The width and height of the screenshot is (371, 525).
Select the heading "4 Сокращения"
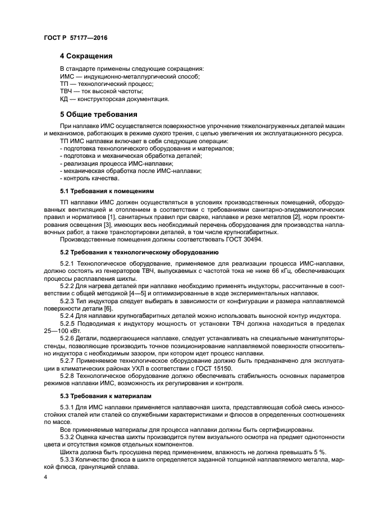click(x=86, y=56)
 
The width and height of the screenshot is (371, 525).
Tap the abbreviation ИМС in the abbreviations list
click(x=67, y=76)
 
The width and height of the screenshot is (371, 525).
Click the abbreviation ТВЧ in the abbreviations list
click(x=67, y=91)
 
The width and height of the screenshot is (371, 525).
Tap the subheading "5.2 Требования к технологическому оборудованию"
click(x=139, y=252)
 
